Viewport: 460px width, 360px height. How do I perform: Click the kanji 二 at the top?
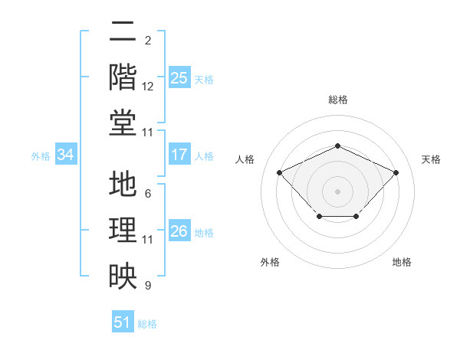(x=123, y=31)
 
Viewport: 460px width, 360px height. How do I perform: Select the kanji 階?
(x=123, y=77)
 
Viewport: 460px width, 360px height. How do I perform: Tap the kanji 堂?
(x=123, y=123)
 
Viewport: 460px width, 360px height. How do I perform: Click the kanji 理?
(x=123, y=230)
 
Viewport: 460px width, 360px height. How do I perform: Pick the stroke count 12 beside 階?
(x=147, y=87)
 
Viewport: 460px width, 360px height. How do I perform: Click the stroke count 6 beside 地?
(x=148, y=194)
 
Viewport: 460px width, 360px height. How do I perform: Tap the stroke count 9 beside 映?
(x=148, y=285)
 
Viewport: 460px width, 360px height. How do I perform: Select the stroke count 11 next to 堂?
(x=147, y=133)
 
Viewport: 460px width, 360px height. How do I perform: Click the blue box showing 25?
(x=179, y=77)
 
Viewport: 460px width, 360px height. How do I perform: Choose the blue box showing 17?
(x=179, y=154)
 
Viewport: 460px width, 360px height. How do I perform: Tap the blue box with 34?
(x=66, y=154)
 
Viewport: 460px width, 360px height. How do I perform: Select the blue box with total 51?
(x=123, y=321)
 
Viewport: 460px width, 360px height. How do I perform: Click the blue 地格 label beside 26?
(x=204, y=233)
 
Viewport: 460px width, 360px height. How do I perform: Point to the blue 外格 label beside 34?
(x=41, y=156)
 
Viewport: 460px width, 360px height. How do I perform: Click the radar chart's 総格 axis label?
(x=338, y=100)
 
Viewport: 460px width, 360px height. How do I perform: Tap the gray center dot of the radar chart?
(x=337, y=191)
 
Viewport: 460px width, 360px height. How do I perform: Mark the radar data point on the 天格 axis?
(x=396, y=172)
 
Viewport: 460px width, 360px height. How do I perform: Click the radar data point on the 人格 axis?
(x=279, y=172)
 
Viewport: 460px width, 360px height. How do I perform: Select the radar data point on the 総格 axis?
(x=337, y=146)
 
